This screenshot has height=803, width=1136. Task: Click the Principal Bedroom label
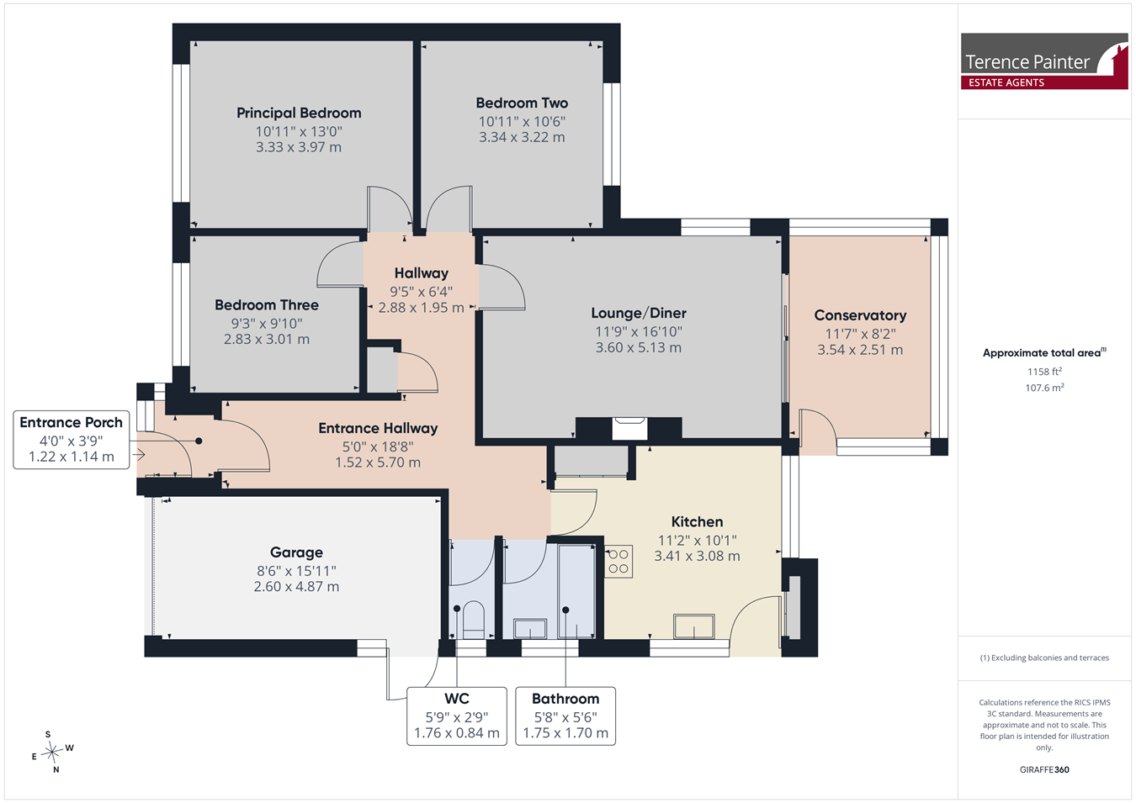click(x=299, y=113)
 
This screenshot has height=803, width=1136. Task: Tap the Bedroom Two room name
click(x=522, y=103)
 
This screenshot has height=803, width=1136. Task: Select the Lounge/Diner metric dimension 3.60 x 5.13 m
click(x=639, y=347)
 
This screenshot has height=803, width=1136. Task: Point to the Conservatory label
click(x=860, y=315)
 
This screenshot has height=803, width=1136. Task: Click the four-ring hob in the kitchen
click(x=618, y=562)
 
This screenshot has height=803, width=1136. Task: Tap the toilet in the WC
click(x=474, y=620)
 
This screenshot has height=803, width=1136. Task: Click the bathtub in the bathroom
click(x=576, y=591)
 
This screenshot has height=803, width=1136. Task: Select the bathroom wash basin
click(x=530, y=629)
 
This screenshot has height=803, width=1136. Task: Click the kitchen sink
click(x=693, y=626)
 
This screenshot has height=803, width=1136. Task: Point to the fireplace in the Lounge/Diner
click(x=629, y=428)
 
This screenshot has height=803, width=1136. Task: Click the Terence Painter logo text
click(x=1027, y=62)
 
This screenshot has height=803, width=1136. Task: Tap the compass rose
click(x=52, y=752)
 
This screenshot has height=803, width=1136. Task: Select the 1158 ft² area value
click(x=1044, y=372)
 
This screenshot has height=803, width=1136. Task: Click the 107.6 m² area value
click(x=1044, y=388)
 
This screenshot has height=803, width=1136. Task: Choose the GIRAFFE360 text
click(x=1044, y=769)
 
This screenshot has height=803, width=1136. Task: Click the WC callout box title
click(x=456, y=699)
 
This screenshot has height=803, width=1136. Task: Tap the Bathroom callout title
click(x=565, y=699)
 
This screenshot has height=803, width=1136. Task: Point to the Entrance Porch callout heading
click(x=71, y=423)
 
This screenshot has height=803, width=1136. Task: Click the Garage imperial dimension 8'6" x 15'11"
click(x=296, y=571)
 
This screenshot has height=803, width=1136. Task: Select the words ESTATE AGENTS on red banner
click(x=1006, y=82)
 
